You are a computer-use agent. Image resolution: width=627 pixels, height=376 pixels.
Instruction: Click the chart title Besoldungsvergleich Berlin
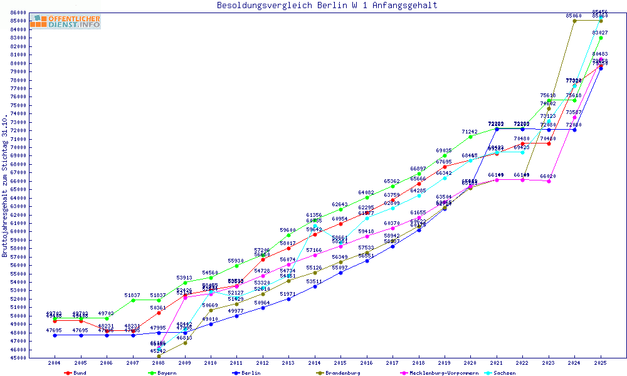(327, 6)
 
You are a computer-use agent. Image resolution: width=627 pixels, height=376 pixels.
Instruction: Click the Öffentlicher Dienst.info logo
(65, 21)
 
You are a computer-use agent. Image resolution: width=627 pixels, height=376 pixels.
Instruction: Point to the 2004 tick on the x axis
(55, 363)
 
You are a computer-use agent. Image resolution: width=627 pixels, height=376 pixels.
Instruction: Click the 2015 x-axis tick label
(340, 363)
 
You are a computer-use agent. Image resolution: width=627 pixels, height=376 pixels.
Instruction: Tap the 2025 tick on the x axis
(601, 363)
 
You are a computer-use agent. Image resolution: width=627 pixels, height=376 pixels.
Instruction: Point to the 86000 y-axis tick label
(18, 13)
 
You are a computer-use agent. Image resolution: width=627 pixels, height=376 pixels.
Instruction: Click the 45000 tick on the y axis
(18, 358)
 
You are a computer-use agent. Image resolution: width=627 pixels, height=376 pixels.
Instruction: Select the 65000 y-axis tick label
(18, 189)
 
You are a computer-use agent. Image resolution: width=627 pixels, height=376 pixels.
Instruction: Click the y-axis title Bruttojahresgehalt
(6, 186)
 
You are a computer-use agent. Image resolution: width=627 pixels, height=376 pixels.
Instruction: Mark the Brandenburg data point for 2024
(574, 21)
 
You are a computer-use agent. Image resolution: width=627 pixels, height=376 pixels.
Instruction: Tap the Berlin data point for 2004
(55, 335)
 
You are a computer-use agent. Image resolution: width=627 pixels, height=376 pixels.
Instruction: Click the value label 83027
(599, 33)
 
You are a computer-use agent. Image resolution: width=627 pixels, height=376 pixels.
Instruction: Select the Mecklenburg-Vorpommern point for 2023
(549, 181)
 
